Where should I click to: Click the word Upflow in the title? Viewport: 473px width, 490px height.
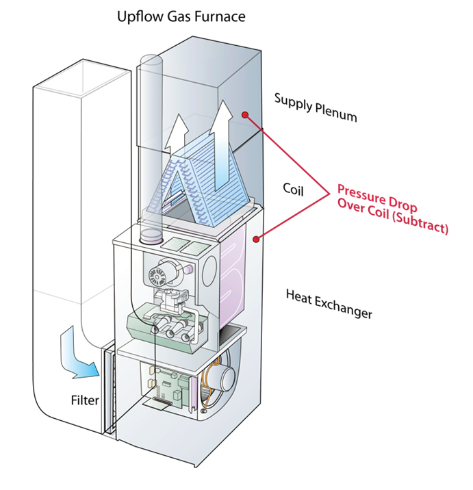tap(138, 15)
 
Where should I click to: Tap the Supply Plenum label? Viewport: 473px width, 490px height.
tap(316, 107)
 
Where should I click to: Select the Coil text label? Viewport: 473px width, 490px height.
tap(295, 187)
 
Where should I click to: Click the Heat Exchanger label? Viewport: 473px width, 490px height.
tap(329, 304)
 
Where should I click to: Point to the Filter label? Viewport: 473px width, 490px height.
tap(85, 400)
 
